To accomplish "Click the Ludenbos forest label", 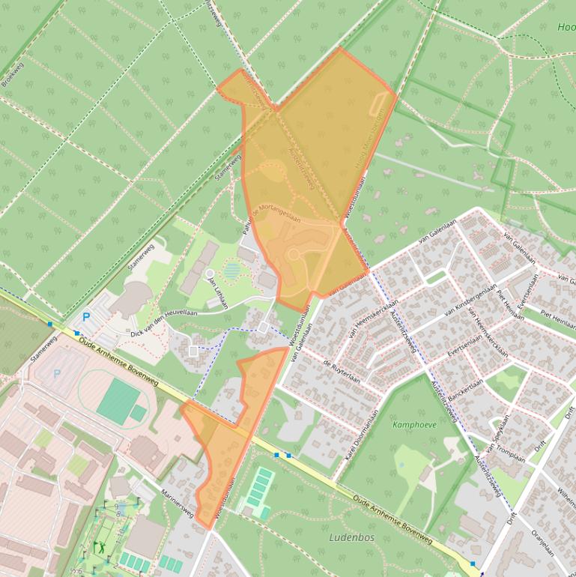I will pos(351,537).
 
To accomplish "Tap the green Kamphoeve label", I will pos(414,424).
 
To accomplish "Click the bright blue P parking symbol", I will pos(86,318).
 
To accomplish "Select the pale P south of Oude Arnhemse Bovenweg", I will pos(56,372).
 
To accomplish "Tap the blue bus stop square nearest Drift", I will pos(473,564).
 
